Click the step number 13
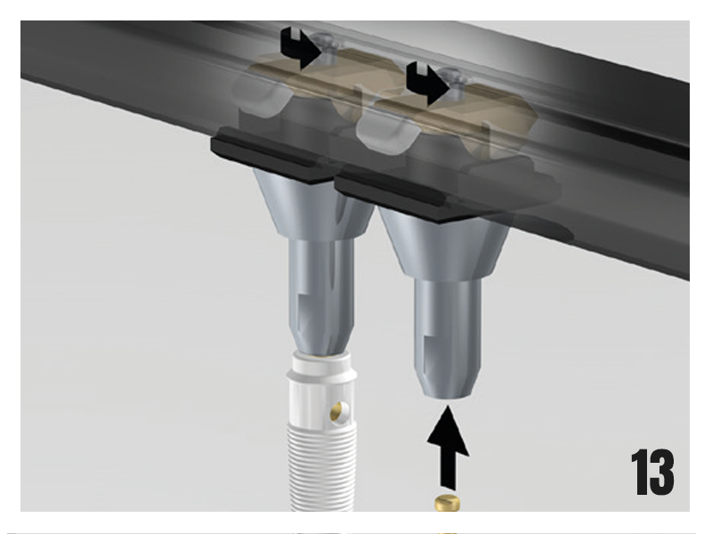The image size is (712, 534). coord(652,473)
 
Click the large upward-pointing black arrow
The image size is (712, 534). coord(449,448)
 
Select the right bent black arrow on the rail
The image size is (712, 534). coord(428,84)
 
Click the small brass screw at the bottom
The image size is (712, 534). coord(448,503)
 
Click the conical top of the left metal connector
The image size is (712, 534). coord(313,205)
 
